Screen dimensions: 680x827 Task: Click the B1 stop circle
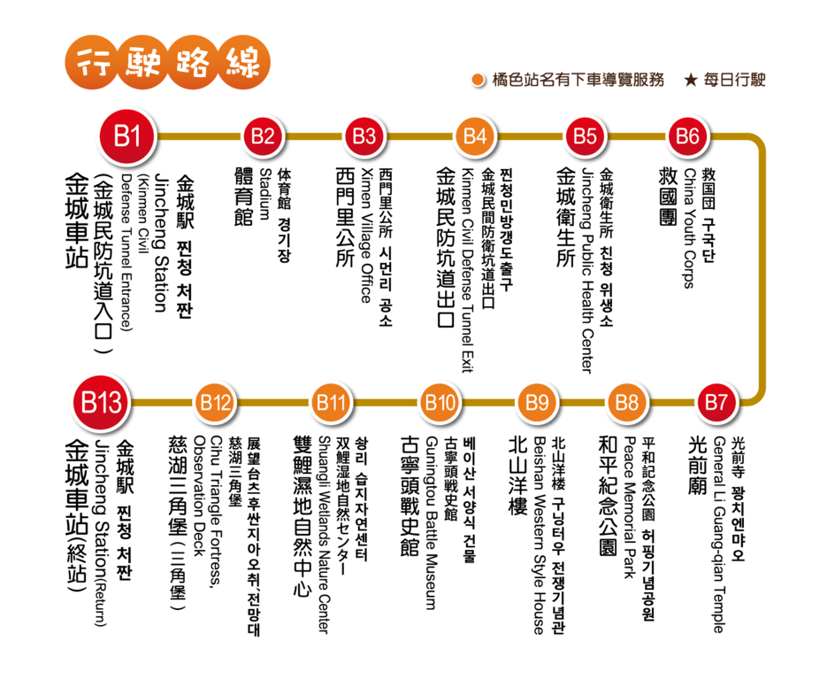pyautogui.click(x=126, y=136)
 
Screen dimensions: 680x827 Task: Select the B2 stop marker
pyautogui.click(x=263, y=136)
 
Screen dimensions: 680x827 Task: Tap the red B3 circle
pyautogui.click(x=364, y=136)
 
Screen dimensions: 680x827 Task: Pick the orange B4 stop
pyautogui.click(x=475, y=136)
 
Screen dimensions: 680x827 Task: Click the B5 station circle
pyautogui.click(x=585, y=136)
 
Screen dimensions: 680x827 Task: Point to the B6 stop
pyautogui.click(x=687, y=136)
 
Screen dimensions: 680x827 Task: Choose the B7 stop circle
pyautogui.click(x=716, y=402)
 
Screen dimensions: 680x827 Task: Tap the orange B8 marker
pyautogui.click(x=627, y=402)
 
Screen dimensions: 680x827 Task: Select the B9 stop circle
pyautogui.click(x=537, y=402)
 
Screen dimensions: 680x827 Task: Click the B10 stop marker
pyautogui.click(x=440, y=402)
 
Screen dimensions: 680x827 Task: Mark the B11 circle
pyautogui.click(x=331, y=402)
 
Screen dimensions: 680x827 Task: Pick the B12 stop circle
pyautogui.click(x=215, y=402)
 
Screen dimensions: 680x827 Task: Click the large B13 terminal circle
pyautogui.click(x=101, y=402)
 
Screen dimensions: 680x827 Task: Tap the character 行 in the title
pyautogui.click(x=91, y=63)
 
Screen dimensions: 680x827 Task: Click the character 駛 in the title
pyautogui.click(x=142, y=63)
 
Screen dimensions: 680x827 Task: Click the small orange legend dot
pyautogui.click(x=478, y=80)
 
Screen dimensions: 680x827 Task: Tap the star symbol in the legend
pyautogui.click(x=691, y=80)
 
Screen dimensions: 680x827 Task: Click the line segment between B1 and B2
pyautogui.click(x=199, y=136)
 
